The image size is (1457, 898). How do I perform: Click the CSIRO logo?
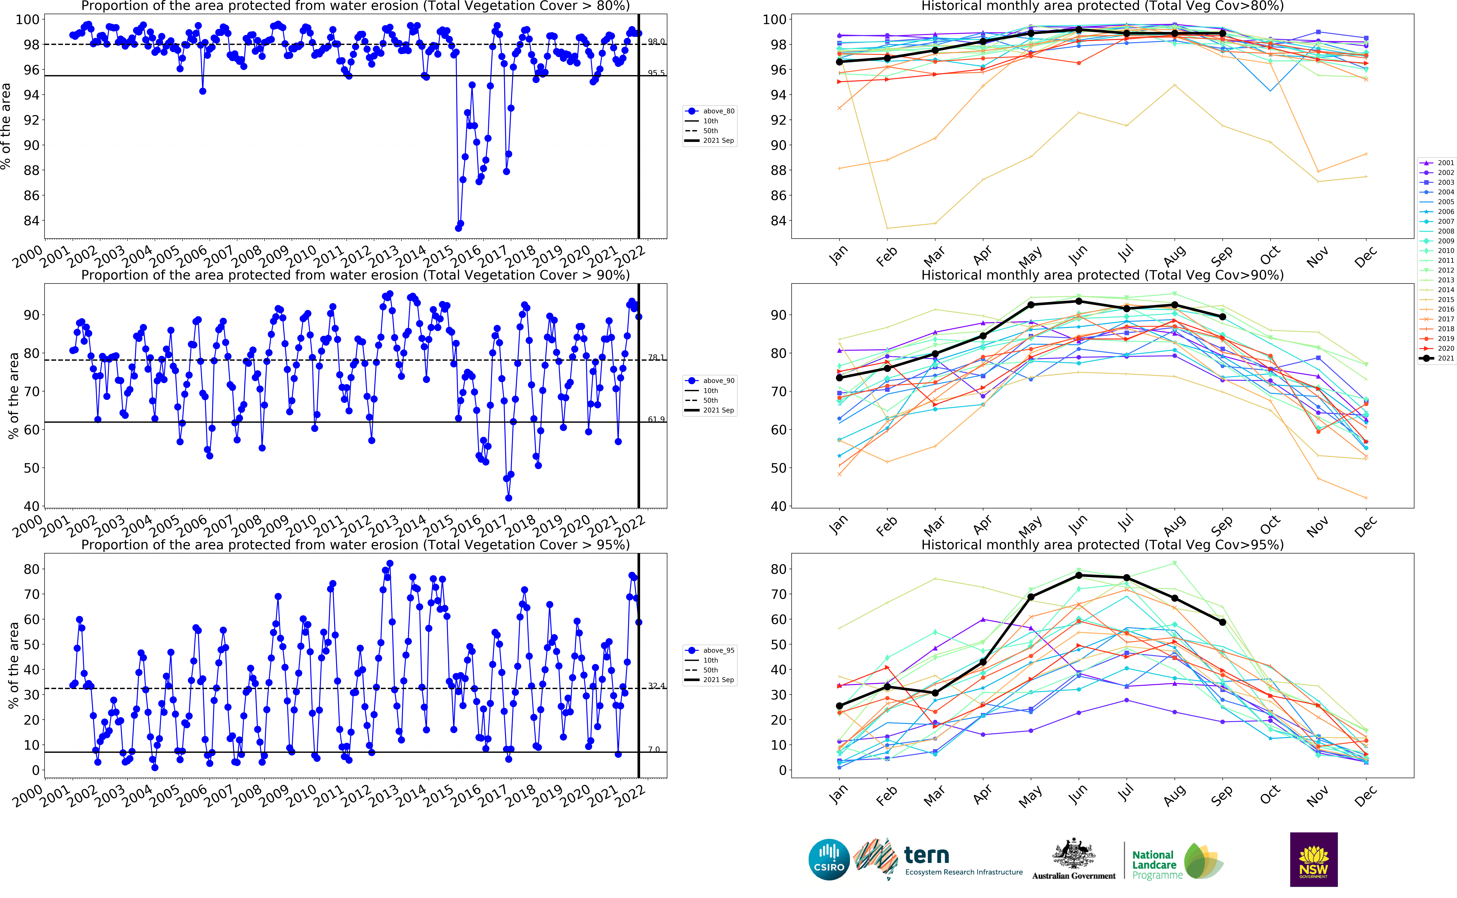[x=829, y=859]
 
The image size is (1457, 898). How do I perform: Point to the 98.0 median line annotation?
[x=656, y=42]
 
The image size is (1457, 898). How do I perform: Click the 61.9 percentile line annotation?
[x=656, y=419]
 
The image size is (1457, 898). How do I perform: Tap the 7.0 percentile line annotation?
[x=654, y=750]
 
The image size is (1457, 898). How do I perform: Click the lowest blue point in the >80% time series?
[x=458, y=228]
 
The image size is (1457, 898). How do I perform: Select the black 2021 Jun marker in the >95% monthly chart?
[x=1079, y=576]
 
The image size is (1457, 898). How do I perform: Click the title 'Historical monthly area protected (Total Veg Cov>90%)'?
[x=1102, y=275]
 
